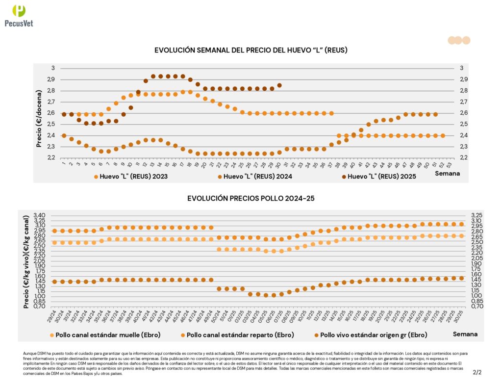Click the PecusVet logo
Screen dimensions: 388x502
19,15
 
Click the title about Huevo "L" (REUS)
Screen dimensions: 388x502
251,51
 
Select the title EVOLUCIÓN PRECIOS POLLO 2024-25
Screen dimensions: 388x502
251,198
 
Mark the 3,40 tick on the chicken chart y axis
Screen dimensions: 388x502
39,215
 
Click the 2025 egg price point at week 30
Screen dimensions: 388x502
279,85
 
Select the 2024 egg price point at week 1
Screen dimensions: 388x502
64,135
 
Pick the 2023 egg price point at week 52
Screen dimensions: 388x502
443,135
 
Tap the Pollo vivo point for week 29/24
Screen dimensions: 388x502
55,282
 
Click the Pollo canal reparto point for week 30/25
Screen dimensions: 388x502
461,224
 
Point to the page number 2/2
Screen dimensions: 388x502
477,372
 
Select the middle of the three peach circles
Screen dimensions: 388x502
458,40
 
